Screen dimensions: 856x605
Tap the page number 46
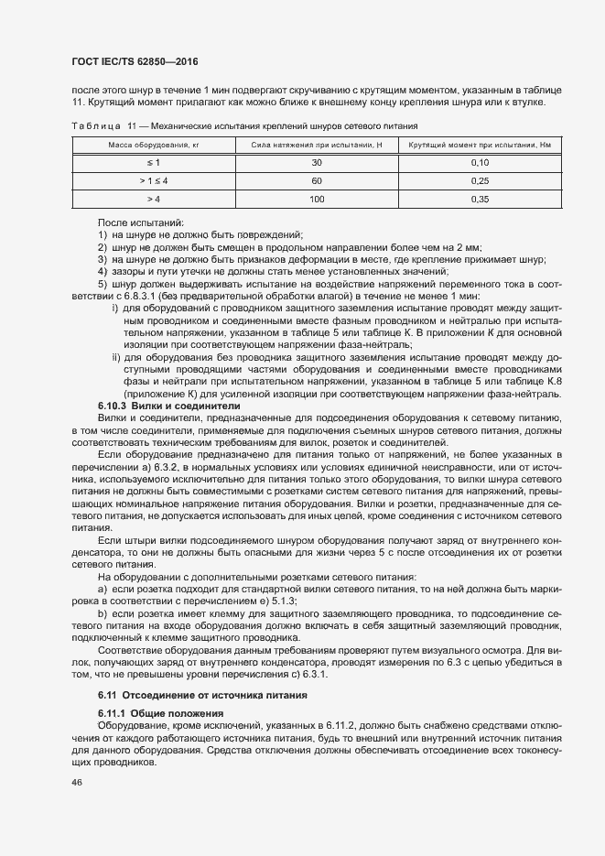[x=76, y=784]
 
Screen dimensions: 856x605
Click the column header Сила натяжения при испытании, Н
[x=317, y=146]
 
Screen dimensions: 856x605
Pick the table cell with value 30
[x=317, y=162]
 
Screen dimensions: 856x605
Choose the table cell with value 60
[x=317, y=180]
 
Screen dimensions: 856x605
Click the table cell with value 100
[x=317, y=198]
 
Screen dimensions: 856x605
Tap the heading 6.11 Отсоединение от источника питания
[x=202, y=695]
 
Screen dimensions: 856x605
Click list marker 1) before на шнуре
[x=103, y=235]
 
